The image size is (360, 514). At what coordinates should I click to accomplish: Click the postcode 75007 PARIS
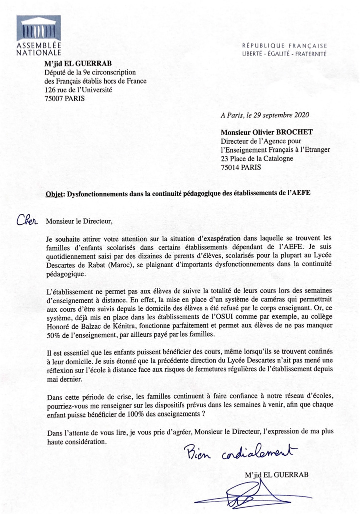(64, 98)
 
